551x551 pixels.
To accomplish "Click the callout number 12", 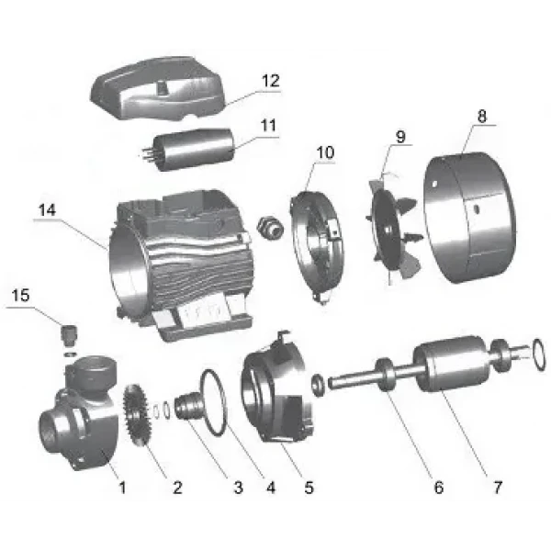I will tap(271, 82).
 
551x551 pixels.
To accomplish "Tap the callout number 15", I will tap(19, 295).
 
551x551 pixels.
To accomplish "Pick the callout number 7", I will tap(499, 487).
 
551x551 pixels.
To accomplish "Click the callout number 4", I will tap(272, 487).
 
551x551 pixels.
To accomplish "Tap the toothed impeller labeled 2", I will tap(139, 414).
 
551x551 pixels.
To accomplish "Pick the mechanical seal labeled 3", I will tap(186, 405).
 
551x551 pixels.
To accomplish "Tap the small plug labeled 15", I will tap(67, 330).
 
